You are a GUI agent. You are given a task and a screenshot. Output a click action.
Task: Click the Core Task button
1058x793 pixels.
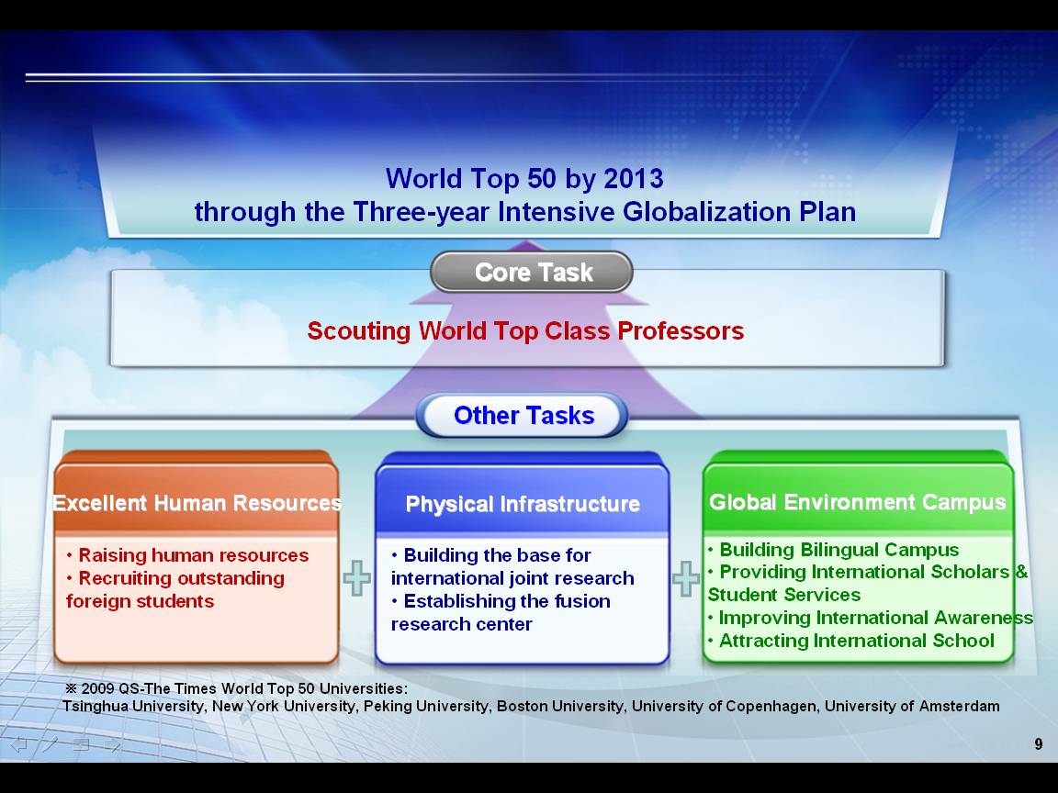(532, 272)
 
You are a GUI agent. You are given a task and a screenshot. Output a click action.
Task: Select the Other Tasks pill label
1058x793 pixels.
(523, 416)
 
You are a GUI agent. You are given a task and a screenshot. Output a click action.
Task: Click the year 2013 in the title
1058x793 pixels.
(634, 179)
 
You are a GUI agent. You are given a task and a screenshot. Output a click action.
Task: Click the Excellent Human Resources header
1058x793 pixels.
(197, 503)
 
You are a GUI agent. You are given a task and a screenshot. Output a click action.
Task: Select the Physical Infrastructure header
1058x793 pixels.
(523, 504)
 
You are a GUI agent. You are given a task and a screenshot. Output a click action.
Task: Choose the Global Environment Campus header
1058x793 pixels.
(857, 502)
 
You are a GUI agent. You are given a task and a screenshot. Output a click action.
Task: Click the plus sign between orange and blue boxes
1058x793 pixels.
(357, 578)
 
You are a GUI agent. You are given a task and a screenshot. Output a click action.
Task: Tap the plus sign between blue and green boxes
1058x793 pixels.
(685, 578)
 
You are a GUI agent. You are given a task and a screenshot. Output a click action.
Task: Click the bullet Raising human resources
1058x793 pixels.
(187, 555)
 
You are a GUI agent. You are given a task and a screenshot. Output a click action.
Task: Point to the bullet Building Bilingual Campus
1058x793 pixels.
(833, 551)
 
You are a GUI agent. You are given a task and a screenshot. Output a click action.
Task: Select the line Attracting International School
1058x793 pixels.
(850, 641)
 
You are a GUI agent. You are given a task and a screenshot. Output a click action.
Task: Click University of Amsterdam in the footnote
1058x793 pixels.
(912, 706)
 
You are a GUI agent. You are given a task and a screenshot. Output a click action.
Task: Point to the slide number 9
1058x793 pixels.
(1039, 743)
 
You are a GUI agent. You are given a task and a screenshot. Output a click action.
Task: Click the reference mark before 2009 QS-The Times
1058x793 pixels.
(71, 688)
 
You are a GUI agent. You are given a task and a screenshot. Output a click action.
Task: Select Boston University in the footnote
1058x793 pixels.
(560, 706)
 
